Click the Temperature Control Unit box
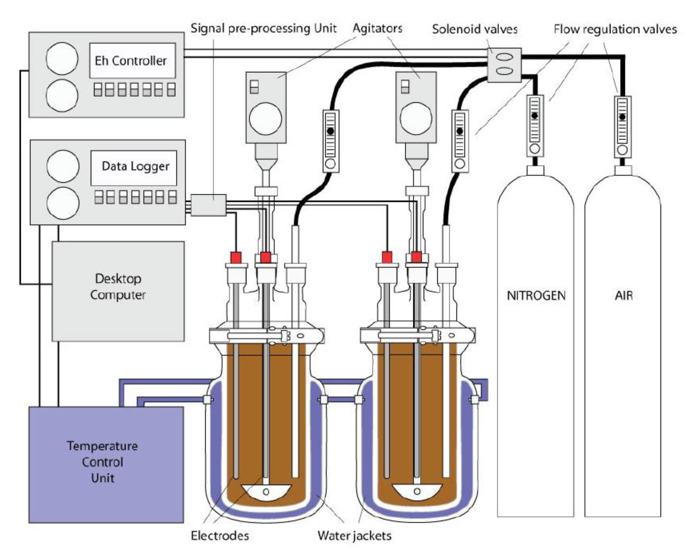[106, 464]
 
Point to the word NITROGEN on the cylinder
[536, 296]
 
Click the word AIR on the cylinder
[624, 296]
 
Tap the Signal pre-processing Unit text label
[263, 28]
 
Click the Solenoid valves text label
[475, 30]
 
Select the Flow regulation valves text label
[615, 30]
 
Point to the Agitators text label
[377, 28]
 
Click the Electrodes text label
[220, 536]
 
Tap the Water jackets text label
[354, 536]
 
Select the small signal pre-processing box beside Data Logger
[208, 205]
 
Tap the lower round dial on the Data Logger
[63, 203]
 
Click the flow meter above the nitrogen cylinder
[535, 126]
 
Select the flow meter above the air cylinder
[622, 127]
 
